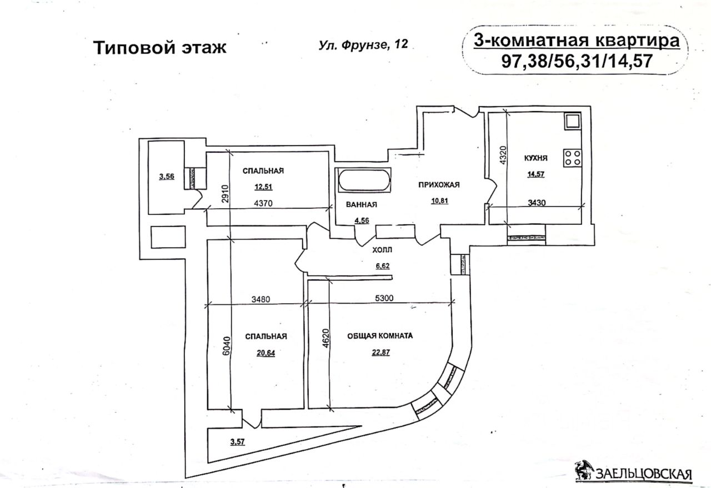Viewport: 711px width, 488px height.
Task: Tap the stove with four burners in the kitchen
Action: click(572, 158)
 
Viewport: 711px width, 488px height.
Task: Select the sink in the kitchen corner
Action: click(572, 120)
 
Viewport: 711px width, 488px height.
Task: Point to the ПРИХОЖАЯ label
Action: click(439, 185)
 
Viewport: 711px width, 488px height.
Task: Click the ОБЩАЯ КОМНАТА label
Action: click(380, 336)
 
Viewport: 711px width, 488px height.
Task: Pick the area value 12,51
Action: click(263, 187)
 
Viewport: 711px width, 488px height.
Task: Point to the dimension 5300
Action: click(384, 298)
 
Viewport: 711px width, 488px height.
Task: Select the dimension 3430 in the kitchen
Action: click(537, 202)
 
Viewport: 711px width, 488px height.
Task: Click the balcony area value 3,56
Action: click(166, 177)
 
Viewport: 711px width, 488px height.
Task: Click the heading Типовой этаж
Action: click(159, 48)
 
